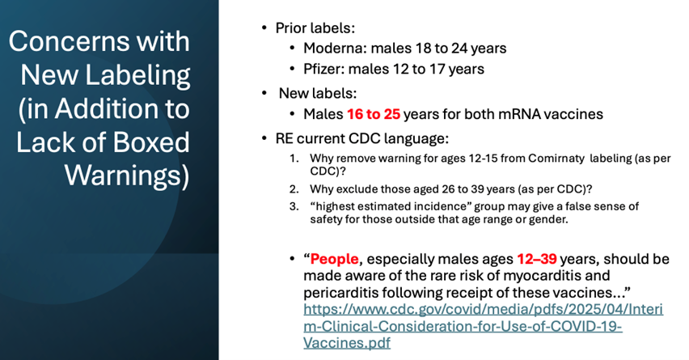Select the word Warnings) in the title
coord(127,176)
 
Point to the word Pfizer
coord(323,69)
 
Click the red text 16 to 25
coord(374,114)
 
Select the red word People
coord(335,260)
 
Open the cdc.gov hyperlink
coord(483,326)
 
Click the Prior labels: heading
coord(315,28)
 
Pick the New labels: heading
coord(318,93)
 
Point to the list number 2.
coord(294,189)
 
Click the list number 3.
coord(294,206)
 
